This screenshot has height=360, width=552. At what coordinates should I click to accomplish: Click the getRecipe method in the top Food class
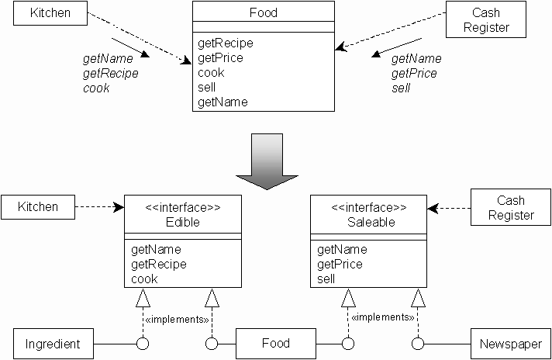pos(225,43)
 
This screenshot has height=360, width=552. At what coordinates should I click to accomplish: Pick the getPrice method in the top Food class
pos(220,58)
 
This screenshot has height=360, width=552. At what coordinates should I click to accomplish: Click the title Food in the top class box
pos(264,13)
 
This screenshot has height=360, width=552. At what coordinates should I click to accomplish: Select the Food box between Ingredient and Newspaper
pos(275,344)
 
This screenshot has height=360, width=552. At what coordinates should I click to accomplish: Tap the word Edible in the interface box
pos(183,222)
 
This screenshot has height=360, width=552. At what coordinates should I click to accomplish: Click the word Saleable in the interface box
pos(369,222)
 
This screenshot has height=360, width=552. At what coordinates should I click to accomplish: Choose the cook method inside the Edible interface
pos(144,279)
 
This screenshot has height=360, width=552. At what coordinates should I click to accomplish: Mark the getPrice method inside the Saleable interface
pos(339,265)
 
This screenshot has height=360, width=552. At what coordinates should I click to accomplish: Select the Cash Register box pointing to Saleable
pos(510,208)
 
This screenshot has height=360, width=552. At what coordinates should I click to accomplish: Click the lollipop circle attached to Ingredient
pos(142,344)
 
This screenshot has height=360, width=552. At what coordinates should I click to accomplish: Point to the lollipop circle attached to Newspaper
pos(418,344)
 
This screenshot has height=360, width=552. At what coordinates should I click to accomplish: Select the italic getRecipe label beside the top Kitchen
pos(110,74)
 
